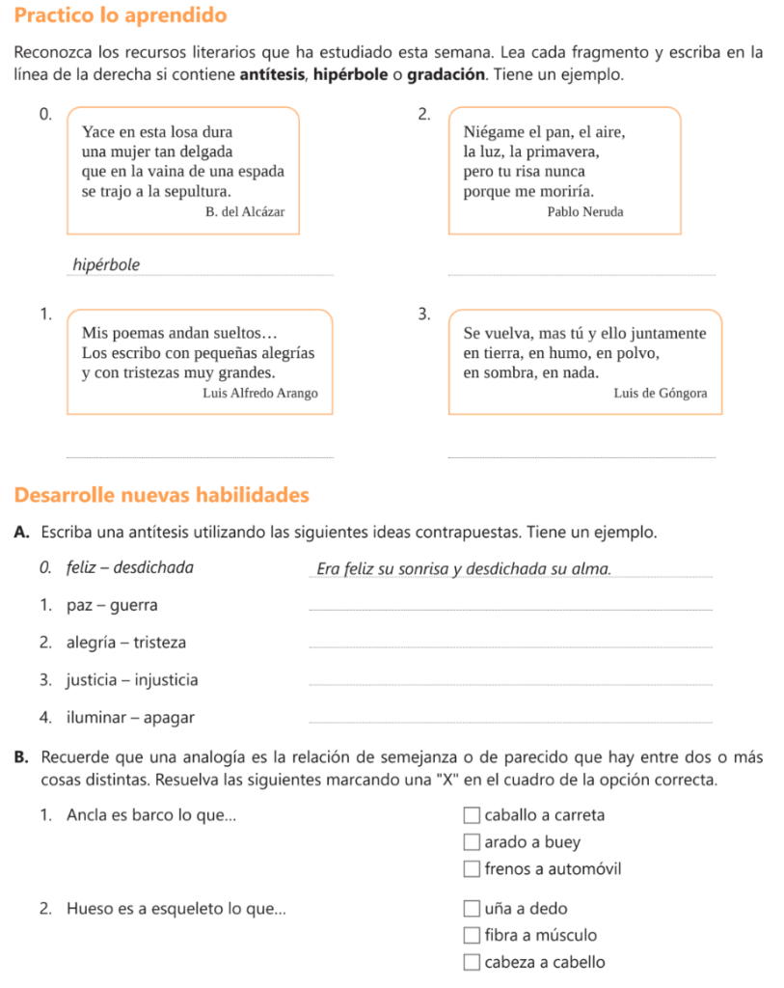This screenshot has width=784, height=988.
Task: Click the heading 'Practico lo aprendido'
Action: point(122,16)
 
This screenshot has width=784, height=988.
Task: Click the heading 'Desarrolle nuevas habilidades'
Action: point(162,495)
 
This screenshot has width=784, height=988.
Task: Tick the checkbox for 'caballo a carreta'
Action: point(471,815)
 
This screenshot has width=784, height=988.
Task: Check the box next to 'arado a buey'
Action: point(471,842)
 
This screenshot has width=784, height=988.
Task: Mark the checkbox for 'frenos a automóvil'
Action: point(471,869)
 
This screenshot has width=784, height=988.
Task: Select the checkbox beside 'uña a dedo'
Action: point(471,908)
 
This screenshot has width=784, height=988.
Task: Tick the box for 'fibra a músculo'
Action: point(471,935)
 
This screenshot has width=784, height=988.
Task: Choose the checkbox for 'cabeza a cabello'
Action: point(471,962)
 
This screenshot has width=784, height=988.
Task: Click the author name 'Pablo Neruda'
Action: point(584,211)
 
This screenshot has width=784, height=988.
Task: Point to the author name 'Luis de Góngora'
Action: point(660,394)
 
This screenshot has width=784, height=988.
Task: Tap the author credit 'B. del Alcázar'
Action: point(245,211)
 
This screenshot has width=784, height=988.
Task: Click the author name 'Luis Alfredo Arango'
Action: point(260,394)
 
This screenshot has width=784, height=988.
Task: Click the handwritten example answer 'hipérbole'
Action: point(106,264)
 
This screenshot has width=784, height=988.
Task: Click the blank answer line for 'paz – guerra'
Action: point(509,608)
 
